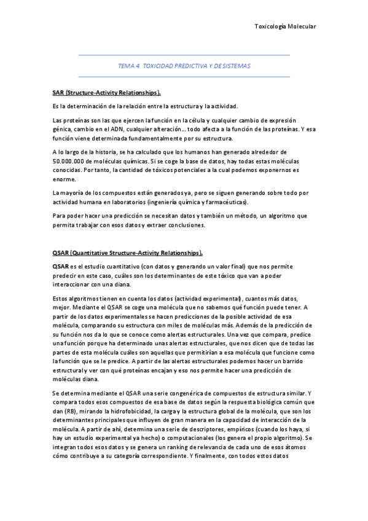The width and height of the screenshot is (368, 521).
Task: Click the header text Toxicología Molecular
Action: coord(284,26)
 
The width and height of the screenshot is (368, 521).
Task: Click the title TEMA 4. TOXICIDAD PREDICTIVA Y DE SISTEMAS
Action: coord(184,65)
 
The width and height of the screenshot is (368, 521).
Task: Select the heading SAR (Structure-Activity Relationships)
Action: coord(107,93)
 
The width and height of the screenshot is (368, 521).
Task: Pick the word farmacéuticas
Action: coord(225,202)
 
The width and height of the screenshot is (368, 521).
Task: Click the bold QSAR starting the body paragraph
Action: coord(61,267)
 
